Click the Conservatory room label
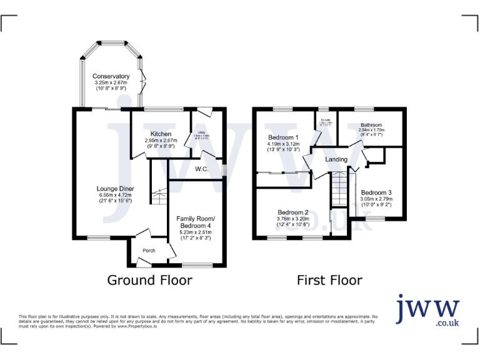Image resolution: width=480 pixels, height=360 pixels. point(111,76)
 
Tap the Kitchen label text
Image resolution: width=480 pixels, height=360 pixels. point(161,134)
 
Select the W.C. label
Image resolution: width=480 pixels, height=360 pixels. point(201,169)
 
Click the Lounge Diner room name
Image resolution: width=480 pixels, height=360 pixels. point(115,189)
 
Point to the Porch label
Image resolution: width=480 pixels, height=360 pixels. point(149,251)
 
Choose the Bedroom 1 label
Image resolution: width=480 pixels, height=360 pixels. point(283,137)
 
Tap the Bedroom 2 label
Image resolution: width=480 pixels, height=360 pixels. point(293,212)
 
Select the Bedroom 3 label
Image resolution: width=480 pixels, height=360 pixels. point(376,192)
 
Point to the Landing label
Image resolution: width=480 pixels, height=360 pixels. point(336,159)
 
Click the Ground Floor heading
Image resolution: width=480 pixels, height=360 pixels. point(149,280)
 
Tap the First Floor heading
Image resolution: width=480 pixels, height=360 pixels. point(329,280)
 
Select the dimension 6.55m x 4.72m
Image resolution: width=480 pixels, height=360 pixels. point(115,195)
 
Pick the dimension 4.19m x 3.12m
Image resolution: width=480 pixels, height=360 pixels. point(283,144)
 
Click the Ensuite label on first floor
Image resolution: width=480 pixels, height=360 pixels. point(326,119)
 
